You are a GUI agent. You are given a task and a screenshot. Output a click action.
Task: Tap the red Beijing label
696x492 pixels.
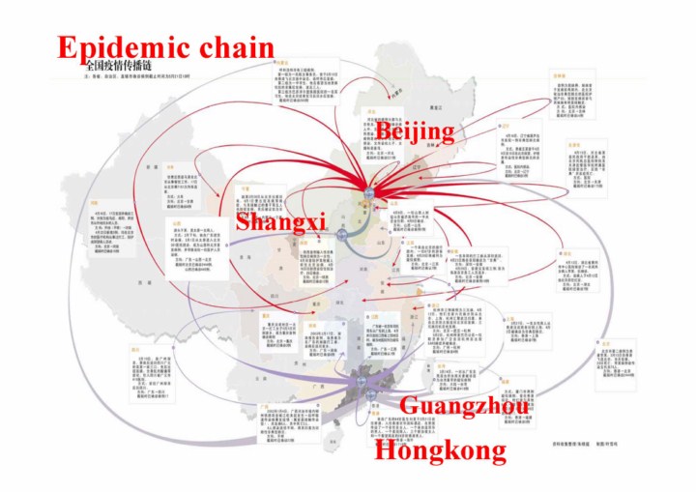pos(415,130)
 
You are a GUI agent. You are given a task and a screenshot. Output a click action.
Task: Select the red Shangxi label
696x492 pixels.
pos(280,223)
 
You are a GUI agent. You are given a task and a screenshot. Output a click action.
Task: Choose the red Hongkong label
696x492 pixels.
pos(440,449)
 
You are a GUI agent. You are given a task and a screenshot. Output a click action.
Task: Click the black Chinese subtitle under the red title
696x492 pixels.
pos(121,68)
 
